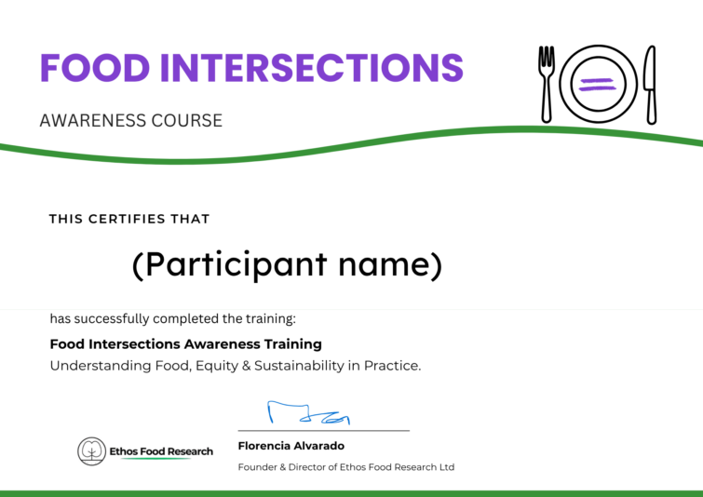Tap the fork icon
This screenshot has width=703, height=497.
(547, 84)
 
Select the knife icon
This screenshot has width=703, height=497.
(650, 84)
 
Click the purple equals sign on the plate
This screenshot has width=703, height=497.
(598, 85)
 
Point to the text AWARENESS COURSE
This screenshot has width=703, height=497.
(130, 121)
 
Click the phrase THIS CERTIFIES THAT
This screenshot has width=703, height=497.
(129, 220)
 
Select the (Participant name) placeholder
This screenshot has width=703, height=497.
(286, 266)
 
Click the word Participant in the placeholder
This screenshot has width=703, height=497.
(234, 266)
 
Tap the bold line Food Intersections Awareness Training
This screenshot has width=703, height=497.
(185, 344)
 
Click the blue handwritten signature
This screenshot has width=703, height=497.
(308, 413)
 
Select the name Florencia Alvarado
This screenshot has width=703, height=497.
(291, 447)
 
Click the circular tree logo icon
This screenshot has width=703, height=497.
(91, 451)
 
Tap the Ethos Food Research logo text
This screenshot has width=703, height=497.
(160, 451)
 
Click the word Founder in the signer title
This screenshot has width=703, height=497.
(257, 467)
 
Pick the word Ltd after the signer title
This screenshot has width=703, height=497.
(446, 467)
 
